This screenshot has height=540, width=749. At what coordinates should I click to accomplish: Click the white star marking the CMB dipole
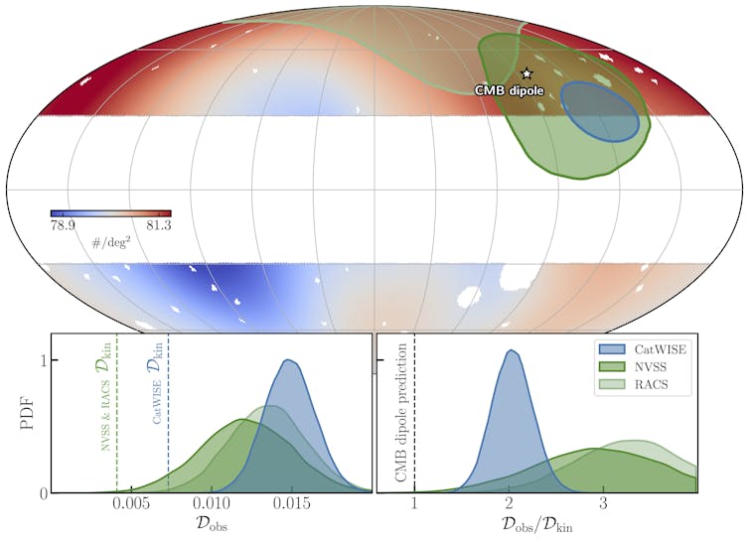tap(526, 73)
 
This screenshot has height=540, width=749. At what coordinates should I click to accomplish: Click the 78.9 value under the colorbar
tap(63, 226)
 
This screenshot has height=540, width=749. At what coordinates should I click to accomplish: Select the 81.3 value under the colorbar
tap(156, 226)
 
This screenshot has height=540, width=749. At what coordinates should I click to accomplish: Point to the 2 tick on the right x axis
tap(509, 505)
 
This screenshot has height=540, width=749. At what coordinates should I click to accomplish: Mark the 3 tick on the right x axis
tap(603, 505)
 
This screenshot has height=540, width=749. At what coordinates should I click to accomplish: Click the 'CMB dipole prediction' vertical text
tap(401, 414)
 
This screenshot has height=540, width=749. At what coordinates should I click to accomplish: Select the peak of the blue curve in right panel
tap(510, 350)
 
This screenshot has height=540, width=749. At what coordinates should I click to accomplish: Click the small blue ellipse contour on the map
tap(599, 110)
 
